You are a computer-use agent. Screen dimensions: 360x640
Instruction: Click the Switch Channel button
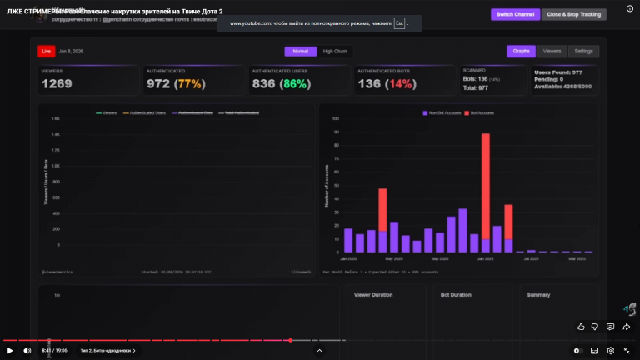(515, 14)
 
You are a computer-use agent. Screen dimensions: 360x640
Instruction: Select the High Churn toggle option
(335, 51)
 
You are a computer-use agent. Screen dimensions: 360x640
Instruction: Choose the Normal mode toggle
(300, 51)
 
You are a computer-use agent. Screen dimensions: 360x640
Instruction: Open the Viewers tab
(552, 51)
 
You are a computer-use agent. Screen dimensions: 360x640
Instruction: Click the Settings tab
(583, 51)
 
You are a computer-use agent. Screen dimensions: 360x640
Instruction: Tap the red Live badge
(47, 51)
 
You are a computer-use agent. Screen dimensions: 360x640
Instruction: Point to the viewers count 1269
(57, 83)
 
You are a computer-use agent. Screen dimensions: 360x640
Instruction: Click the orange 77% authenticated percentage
(189, 83)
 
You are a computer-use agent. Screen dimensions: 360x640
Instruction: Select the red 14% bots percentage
(398, 83)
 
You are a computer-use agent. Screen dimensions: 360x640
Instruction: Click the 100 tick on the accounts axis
(335, 118)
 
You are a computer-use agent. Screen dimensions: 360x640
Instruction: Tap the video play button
(10, 350)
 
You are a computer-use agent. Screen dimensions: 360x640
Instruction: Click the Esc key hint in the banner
(400, 23)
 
